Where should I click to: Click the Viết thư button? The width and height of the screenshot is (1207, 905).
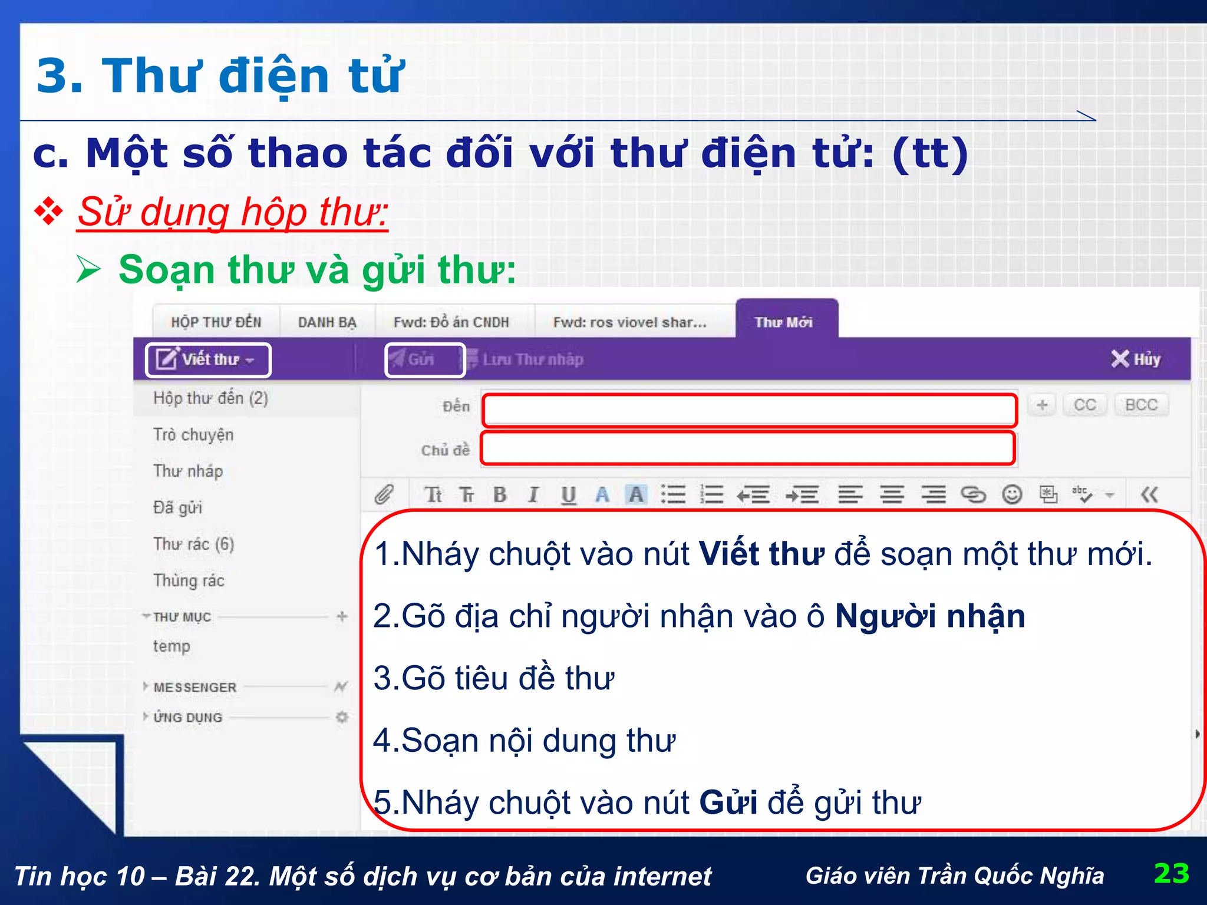click(207, 359)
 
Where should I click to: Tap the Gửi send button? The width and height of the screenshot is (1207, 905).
click(420, 359)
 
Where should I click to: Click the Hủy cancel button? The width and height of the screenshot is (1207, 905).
click(1136, 359)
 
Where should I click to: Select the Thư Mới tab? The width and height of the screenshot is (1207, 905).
click(784, 322)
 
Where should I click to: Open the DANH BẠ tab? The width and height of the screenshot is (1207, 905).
click(327, 322)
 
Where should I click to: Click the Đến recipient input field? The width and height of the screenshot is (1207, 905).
click(749, 410)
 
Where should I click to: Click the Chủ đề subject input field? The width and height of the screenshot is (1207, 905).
click(747, 448)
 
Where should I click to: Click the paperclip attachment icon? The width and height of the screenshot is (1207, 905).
click(384, 494)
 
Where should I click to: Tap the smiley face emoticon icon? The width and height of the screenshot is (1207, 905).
click(1012, 494)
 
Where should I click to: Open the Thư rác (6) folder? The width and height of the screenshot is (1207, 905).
click(193, 544)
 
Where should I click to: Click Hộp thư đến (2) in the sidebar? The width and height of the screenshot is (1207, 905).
click(210, 398)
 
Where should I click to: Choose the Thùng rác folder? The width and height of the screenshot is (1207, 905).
click(189, 580)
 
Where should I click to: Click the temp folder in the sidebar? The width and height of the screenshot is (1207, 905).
click(172, 646)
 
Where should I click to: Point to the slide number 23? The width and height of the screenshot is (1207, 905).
click(1171, 873)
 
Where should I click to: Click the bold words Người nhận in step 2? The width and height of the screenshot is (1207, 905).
click(930, 616)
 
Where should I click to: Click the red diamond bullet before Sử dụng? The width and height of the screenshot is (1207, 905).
click(48, 212)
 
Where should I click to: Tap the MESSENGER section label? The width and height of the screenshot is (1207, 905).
click(194, 687)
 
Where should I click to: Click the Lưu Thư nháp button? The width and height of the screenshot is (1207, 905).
click(532, 359)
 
